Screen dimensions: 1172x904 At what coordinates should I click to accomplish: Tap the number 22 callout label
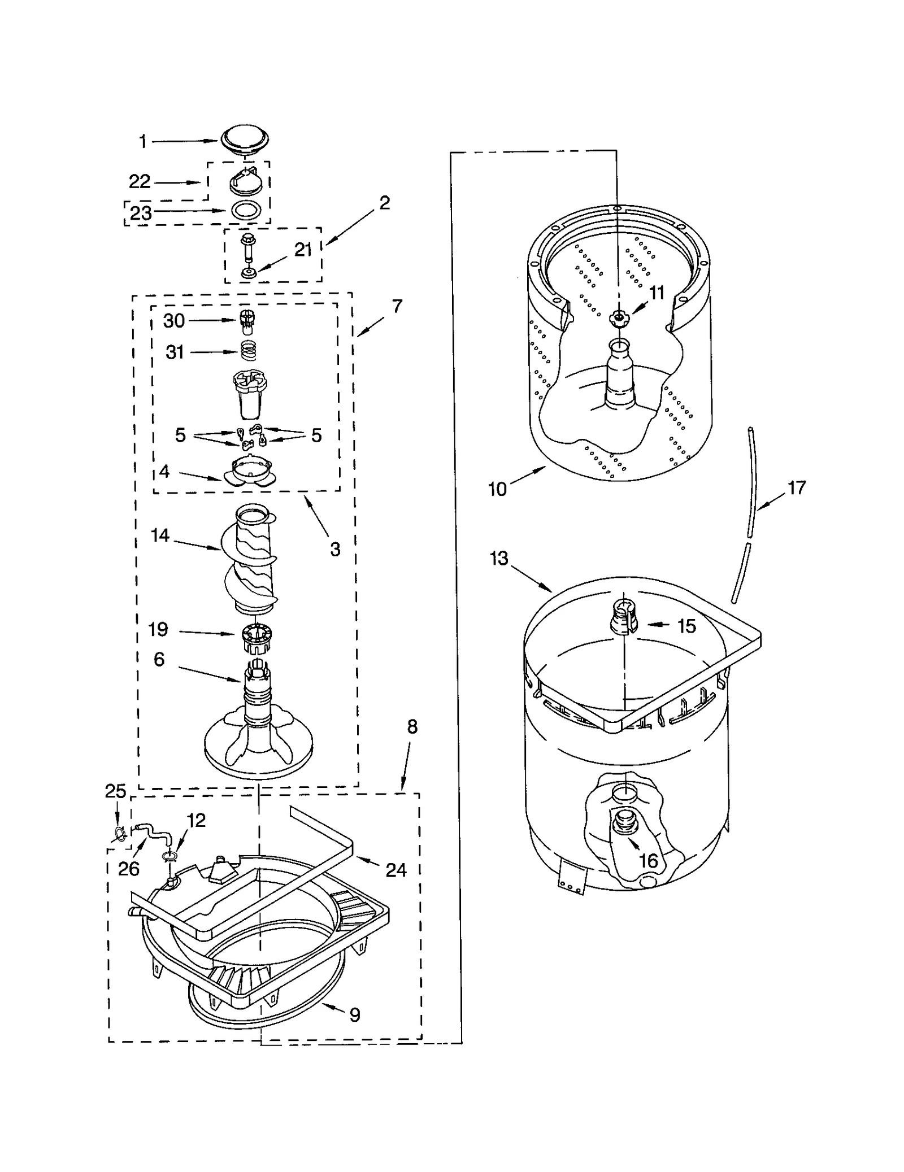pyautogui.click(x=140, y=181)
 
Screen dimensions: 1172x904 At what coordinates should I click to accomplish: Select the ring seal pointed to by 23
pyautogui.click(x=246, y=210)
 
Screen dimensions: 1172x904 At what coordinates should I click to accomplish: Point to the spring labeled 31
pyautogui.click(x=248, y=351)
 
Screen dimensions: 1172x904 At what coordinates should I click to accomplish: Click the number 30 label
pyautogui.click(x=174, y=321)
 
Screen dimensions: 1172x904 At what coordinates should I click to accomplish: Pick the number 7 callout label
pyautogui.click(x=397, y=306)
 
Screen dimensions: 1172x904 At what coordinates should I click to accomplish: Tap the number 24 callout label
pyautogui.click(x=396, y=870)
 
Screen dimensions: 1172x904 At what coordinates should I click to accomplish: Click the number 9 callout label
pyautogui.click(x=354, y=1014)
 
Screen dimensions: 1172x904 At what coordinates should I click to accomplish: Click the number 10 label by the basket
pyautogui.click(x=497, y=489)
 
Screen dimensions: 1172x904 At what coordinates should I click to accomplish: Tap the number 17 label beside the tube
pyautogui.click(x=797, y=487)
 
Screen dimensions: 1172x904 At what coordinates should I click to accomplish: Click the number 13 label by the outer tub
pyautogui.click(x=499, y=559)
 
